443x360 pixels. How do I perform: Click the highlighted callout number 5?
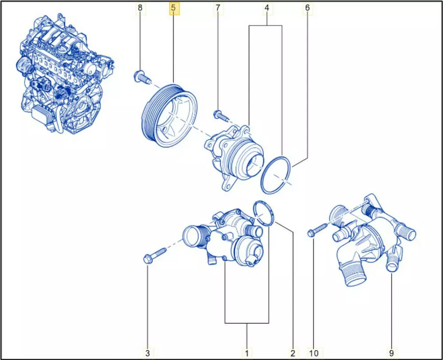[x=173, y=8]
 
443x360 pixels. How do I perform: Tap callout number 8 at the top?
[x=140, y=8]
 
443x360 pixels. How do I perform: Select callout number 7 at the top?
[x=218, y=8]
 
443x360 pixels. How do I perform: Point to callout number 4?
[x=267, y=8]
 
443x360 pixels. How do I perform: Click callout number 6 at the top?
[x=307, y=8]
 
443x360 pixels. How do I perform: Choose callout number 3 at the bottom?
[x=148, y=353]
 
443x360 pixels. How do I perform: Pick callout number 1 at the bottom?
[x=247, y=353]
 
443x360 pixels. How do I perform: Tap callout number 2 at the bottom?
[x=293, y=353]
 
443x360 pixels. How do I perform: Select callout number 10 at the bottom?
[x=314, y=353]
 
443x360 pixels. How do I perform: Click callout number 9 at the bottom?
[x=391, y=353]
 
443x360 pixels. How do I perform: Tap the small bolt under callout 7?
[x=220, y=115]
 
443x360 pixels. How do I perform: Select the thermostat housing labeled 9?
[x=373, y=240]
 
